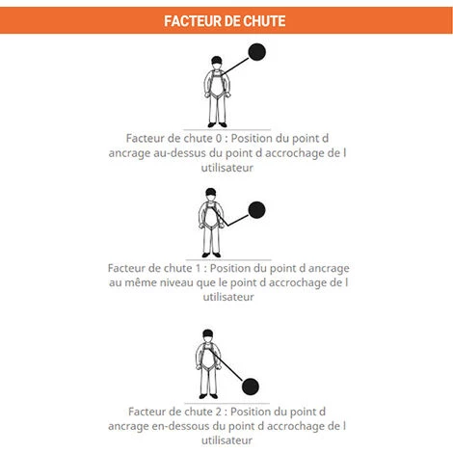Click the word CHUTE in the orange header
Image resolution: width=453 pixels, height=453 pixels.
[263, 20]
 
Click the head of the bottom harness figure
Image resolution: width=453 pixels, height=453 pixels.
[204, 338]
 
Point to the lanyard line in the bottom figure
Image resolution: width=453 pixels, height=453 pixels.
[229, 372]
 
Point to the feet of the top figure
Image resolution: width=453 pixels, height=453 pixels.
[216, 125]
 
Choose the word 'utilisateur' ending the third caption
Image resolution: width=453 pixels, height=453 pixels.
[226, 440]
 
